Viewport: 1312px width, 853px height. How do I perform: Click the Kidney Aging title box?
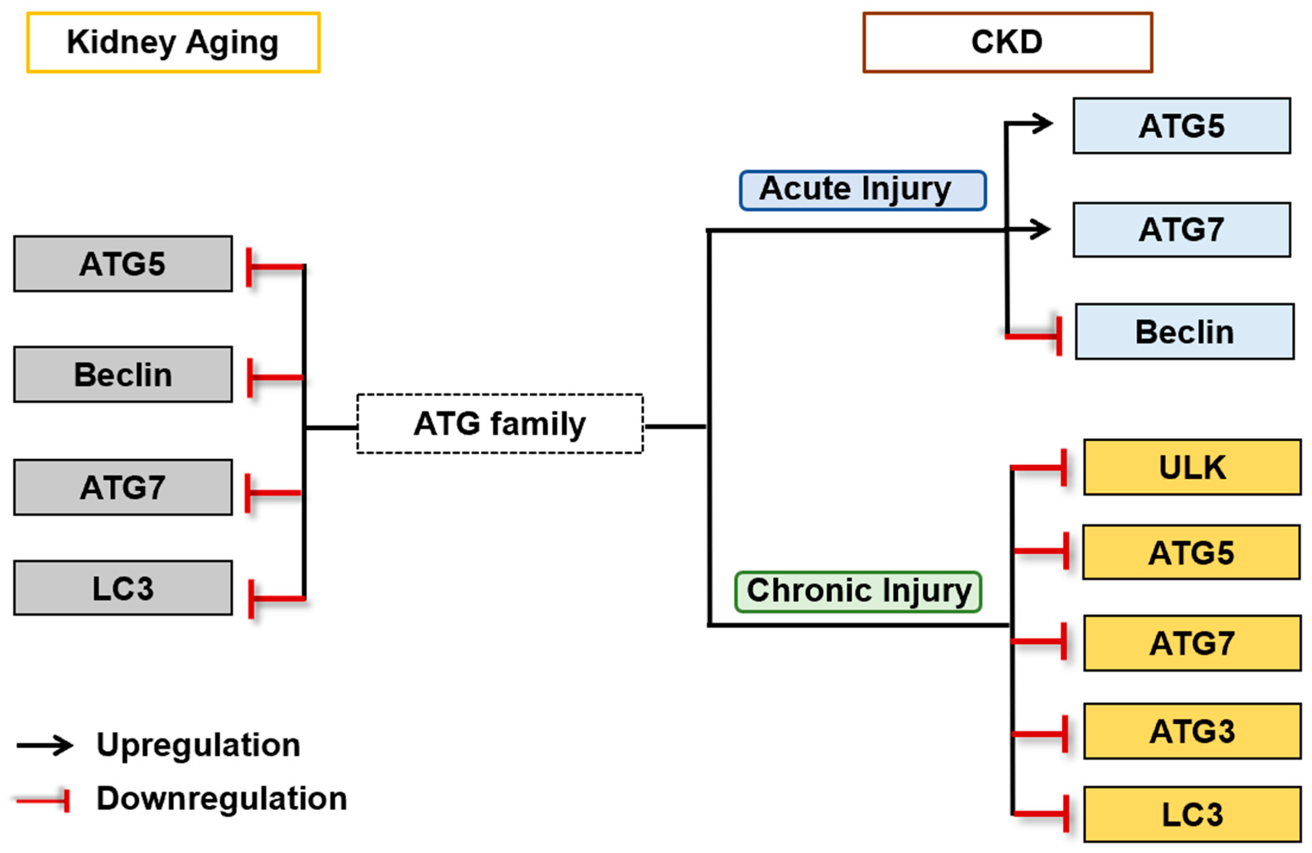coord(173,42)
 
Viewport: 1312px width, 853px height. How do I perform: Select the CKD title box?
coord(1007,42)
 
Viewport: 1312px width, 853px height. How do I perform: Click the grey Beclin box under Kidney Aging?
coord(123,375)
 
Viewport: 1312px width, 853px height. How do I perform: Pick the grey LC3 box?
coord(123,588)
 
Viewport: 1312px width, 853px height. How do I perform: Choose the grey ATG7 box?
coord(123,488)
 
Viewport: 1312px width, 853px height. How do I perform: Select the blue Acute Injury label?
coord(862,190)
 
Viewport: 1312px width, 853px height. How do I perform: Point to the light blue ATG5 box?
coord(1182,126)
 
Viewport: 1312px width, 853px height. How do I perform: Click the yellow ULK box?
coord(1192,467)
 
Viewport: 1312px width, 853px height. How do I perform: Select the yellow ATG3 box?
coord(1192,731)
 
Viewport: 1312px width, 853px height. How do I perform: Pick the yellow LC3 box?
coord(1192,814)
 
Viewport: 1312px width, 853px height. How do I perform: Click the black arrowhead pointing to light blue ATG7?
coord(1041,230)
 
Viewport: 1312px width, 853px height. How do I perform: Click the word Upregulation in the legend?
coord(198,745)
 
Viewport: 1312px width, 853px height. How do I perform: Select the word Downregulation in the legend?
coord(222,798)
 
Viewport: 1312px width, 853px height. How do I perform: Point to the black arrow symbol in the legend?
coord(45,745)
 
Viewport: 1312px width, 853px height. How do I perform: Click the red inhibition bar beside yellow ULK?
coord(1064,468)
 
